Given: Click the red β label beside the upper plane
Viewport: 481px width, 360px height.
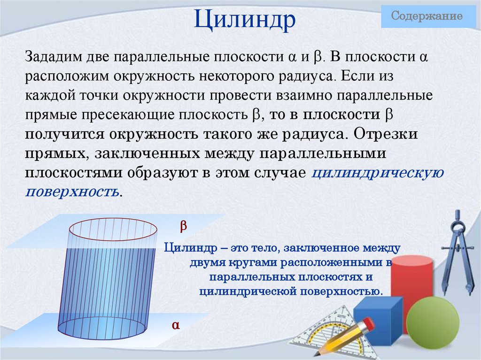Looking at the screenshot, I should pyautogui.click(x=184, y=226).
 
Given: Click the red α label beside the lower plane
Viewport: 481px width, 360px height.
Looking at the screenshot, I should pyautogui.click(x=176, y=325).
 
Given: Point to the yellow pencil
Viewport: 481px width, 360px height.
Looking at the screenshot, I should pyautogui.click(x=345, y=336).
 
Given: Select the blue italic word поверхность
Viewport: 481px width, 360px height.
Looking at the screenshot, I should pyautogui.click(x=72, y=191).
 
